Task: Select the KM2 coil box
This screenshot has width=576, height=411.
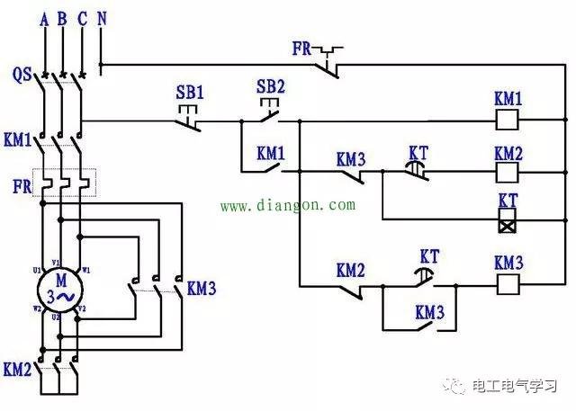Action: pyautogui.click(x=508, y=168)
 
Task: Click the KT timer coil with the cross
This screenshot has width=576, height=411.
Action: pyautogui.click(x=508, y=219)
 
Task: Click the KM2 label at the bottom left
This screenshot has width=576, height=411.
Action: pyautogui.click(x=18, y=369)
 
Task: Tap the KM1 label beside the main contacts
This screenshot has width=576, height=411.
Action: pyautogui.click(x=18, y=140)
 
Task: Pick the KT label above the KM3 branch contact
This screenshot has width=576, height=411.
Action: pyautogui.click(x=429, y=256)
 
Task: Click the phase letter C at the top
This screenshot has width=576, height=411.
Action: pyautogui.click(x=84, y=17)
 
